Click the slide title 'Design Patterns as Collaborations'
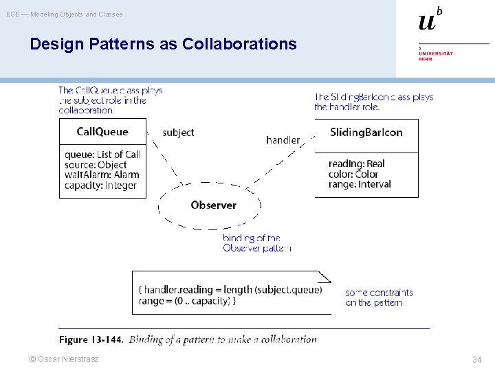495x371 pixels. tap(163, 45)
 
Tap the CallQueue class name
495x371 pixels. tap(102, 131)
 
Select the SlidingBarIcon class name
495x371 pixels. tap(366, 132)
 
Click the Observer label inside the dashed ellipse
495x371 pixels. tap(213, 205)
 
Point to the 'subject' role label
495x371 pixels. tap(178, 133)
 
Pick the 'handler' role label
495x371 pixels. tap(283, 140)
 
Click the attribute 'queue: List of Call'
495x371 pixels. tap(102, 155)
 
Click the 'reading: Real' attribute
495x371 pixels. tap(356, 164)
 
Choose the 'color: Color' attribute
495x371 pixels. tap(353, 174)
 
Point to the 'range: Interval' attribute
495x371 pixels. tap(360, 184)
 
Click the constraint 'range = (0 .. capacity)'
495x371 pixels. tap(187, 301)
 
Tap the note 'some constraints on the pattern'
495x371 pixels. tap(379, 297)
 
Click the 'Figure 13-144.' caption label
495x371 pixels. tap(91, 339)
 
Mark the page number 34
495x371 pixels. tap(476, 360)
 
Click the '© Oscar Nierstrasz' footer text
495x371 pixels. tap(63, 359)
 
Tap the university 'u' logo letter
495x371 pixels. tap(427, 21)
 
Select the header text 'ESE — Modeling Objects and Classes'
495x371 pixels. tap(65, 14)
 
